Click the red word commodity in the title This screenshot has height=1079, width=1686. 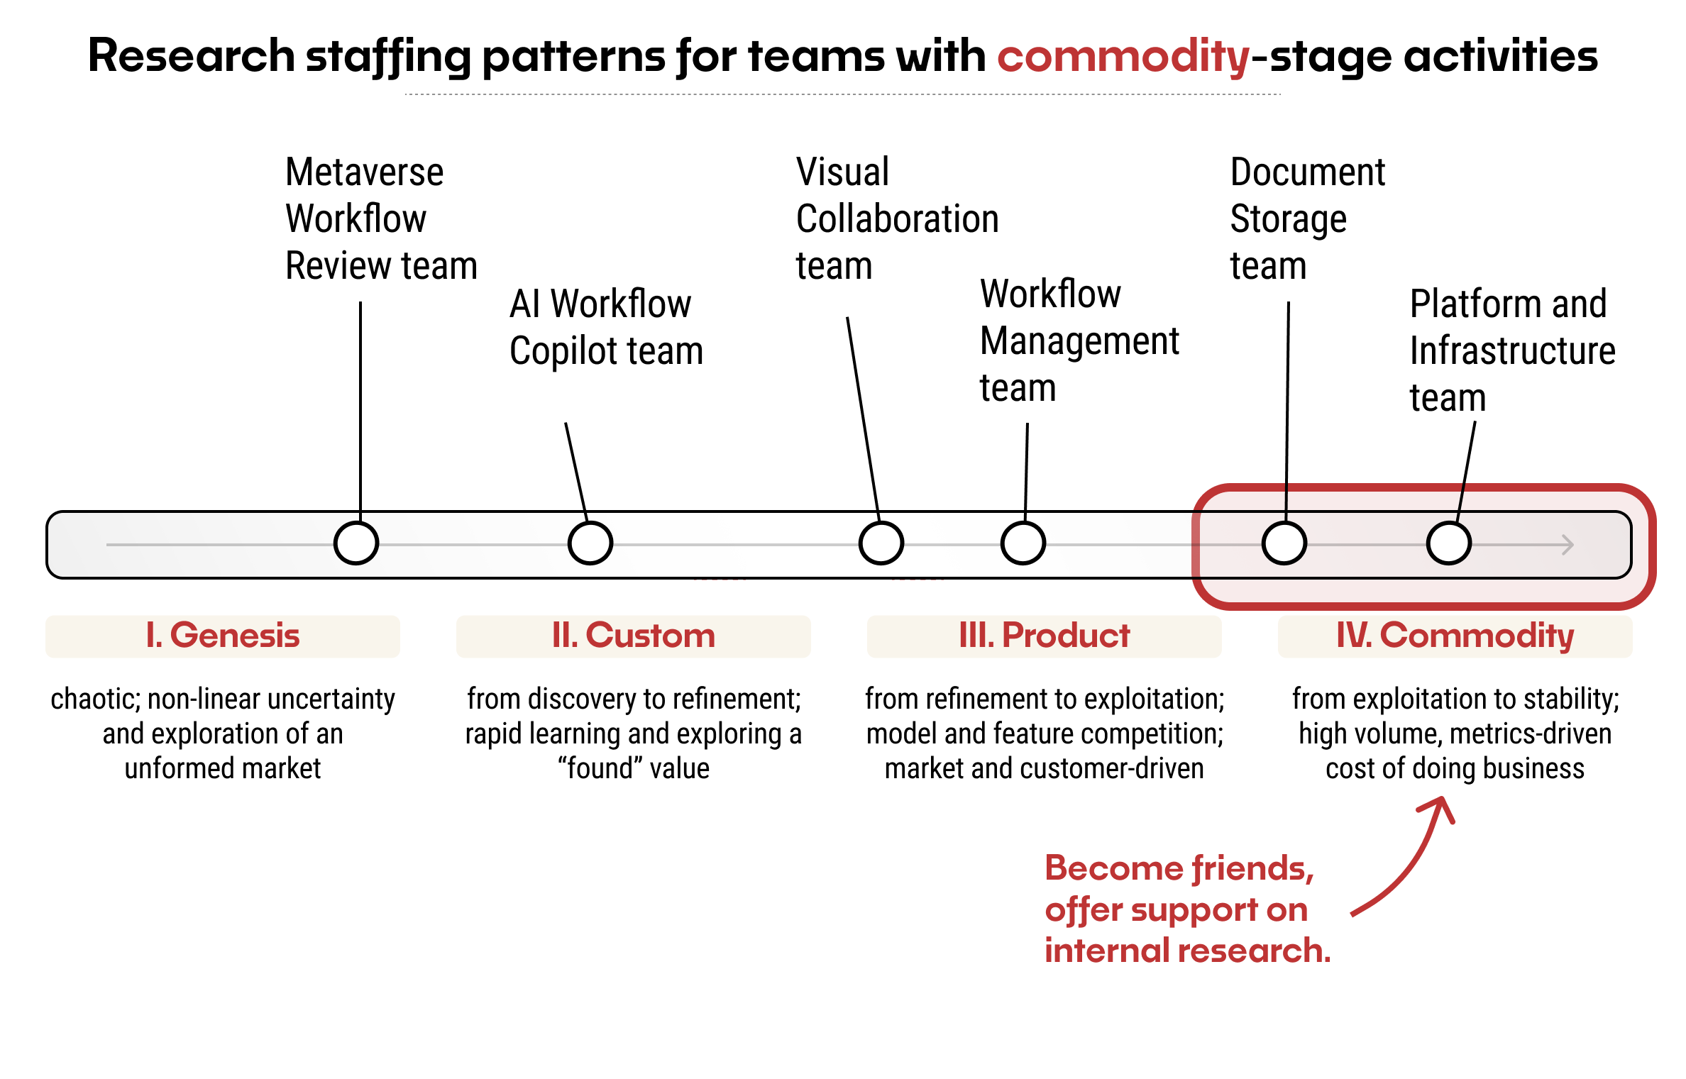point(1123,57)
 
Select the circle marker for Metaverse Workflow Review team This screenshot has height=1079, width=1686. point(356,543)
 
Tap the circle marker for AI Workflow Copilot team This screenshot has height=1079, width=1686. point(590,543)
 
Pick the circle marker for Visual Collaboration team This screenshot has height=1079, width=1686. point(881,543)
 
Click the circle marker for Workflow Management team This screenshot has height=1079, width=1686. point(1023,543)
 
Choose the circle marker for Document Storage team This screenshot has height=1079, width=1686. point(1284,543)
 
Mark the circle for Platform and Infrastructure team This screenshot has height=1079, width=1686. point(1448,543)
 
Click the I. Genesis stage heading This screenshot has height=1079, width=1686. point(222,636)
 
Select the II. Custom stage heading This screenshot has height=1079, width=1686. point(633,636)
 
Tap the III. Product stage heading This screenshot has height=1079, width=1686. point(1044,636)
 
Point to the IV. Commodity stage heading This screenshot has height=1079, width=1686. point(1455,636)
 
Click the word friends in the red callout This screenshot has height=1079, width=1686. point(1252,868)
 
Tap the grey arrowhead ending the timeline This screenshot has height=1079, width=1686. point(1568,545)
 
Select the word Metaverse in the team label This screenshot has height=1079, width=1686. point(364,172)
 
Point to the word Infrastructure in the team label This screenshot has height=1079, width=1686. point(1512,351)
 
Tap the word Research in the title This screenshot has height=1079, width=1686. point(192,57)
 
